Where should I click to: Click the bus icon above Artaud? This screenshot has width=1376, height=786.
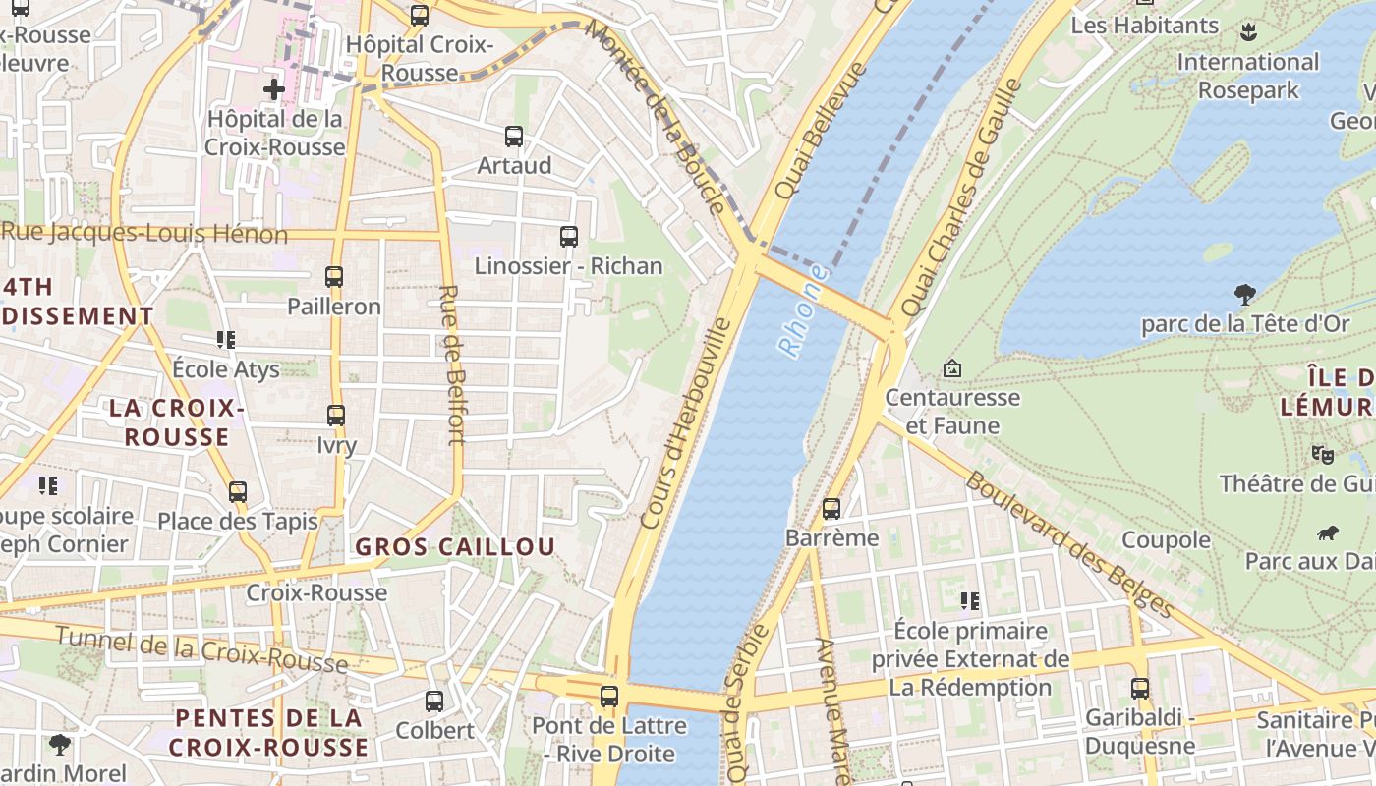pos(513,137)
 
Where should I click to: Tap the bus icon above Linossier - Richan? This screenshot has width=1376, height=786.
pos(568,237)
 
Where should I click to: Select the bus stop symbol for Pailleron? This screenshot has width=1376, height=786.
pos(334,277)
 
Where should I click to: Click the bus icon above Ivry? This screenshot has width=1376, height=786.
pos(336,416)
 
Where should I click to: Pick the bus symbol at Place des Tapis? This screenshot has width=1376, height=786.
pos(238,492)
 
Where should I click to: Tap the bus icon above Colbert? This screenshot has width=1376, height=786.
pos(433,702)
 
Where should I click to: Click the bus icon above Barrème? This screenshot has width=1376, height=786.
pos(831,509)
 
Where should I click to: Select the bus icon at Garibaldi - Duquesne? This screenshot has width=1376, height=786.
pos(1140,689)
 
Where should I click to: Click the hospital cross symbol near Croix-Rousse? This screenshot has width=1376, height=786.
pos(274,90)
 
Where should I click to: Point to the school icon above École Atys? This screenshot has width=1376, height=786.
pos(226,340)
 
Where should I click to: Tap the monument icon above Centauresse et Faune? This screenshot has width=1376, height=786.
pos(951,369)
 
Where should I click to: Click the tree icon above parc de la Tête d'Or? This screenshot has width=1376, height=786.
pos(1244,294)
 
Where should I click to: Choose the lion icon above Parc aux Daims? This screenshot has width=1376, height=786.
pos(1328,533)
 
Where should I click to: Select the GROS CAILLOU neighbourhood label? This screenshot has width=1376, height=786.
pos(455,547)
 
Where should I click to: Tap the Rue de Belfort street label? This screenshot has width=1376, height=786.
pos(452,365)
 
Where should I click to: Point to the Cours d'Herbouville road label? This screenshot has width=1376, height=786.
pos(687,423)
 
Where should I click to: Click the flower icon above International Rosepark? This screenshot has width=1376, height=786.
pos(1248,31)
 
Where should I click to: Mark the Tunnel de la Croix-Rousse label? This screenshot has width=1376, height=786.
pos(201,649)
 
